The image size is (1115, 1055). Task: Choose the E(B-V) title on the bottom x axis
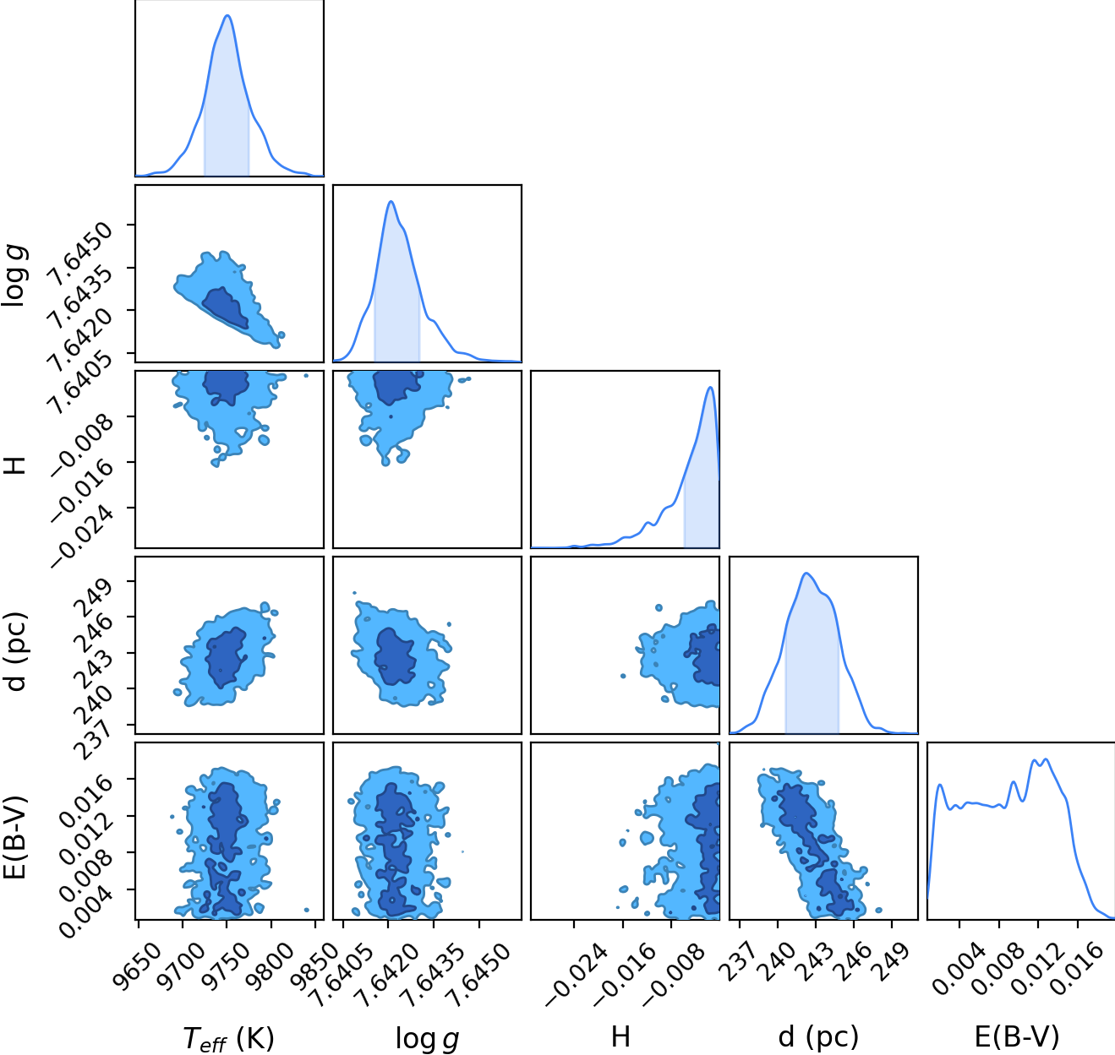tap(1017, 1037)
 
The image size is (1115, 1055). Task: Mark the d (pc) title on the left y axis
tap(14, 652)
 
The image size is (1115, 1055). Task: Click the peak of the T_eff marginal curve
tap(227, 15)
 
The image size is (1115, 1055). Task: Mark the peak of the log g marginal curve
tap(391, 201)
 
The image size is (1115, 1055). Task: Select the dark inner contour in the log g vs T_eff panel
tap(226, 309)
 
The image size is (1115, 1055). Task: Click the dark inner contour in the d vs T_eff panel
tap(225, 658)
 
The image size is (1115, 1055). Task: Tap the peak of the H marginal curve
tap(710, 387)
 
